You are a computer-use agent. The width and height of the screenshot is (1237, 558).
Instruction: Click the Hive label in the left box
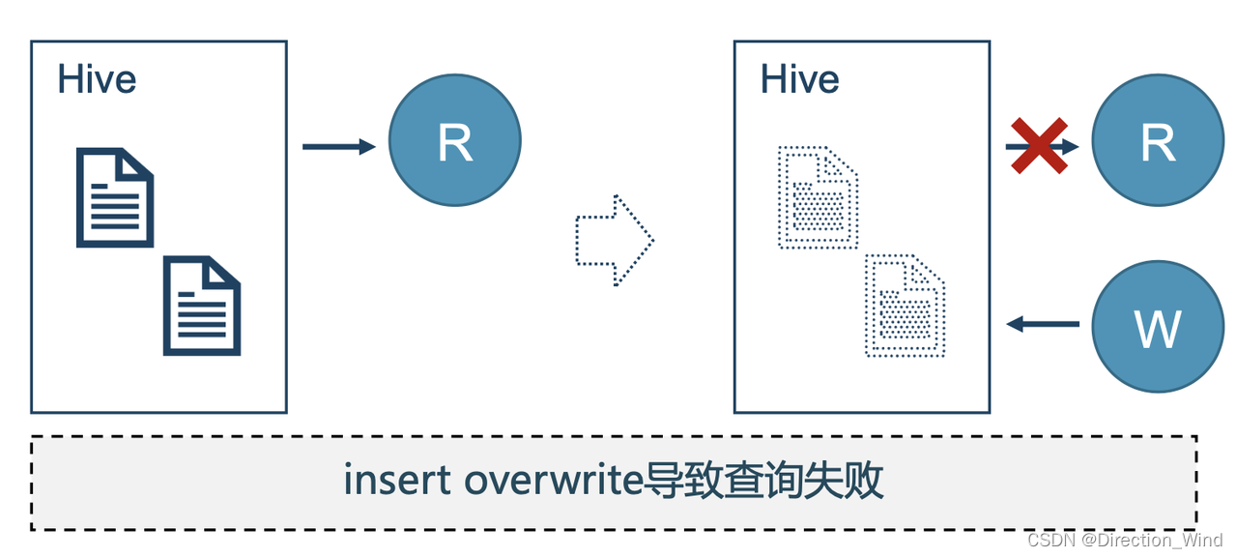click(x=97, y=78)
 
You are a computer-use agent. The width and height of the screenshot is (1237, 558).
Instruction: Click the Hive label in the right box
click(x=799, y=78)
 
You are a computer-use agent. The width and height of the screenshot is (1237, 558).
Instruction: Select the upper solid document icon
click(x=115, y=197)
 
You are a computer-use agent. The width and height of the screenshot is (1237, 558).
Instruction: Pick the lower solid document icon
click(x=202, y=305)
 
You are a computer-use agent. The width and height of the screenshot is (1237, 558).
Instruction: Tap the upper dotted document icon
click(x=818, y=197)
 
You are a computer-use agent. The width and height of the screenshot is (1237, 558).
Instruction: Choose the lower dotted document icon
click(x=905, y=305)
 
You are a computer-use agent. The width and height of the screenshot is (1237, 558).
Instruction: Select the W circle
click(x=1158, y=326)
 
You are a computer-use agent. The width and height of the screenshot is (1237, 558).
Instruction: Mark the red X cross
click(x=1039, y=146)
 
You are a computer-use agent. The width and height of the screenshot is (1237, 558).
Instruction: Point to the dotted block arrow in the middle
click(x=615, y=240)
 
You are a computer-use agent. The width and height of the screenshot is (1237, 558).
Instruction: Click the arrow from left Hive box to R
click(x=338, y=147)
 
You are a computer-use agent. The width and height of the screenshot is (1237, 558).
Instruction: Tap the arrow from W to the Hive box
click(x=1043, y=324)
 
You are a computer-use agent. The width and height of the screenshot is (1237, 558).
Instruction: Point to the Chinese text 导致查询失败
click(x=763, y=482)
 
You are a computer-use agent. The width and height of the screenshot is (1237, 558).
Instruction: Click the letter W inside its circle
click(x=1158, y=328)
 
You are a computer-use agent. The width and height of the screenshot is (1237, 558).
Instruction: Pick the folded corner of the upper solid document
click(x=140, y=162)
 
